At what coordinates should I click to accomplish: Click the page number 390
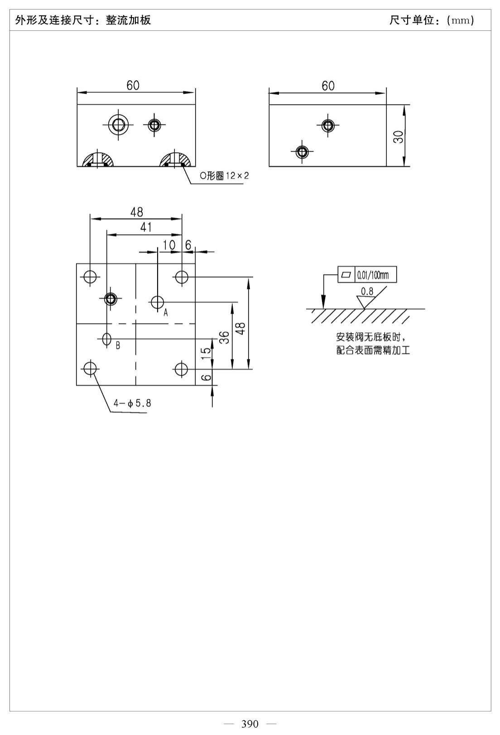coord(250,724)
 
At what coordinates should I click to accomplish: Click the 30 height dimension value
coord(399,137)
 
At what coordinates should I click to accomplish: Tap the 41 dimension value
coord(146,227)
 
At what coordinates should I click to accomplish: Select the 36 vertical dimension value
coord(224,337)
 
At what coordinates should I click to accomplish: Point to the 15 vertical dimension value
coord(206,353)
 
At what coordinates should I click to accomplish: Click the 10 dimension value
coord(169,245)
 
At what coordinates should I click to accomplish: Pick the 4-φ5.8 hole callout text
coord(132,403)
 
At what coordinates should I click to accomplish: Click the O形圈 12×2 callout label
coord(224,176)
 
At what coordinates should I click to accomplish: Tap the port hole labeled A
coord(157,302)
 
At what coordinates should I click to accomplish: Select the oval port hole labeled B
coord(107,339)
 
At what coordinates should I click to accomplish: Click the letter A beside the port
coord(166,313)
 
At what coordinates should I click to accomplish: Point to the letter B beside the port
coord(118,345)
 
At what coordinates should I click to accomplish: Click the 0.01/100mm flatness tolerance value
coord(373,275)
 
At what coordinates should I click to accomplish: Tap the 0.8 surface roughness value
coord(367,291)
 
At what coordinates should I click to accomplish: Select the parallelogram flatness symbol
coord(346,275)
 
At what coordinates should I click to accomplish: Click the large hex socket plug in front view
coord(118,125)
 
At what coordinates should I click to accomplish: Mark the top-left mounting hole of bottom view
coord(90,276)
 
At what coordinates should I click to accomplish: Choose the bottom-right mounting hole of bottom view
coord(181,369)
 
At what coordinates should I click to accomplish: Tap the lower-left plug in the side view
coord(302,152)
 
